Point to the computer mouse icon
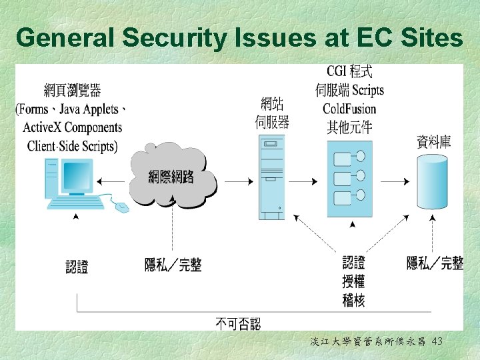pyautogui.click(x=121, y=207)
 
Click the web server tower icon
pyautogui.click(x=271, y=177)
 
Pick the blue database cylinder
pyautogui.click(x=433, y=181)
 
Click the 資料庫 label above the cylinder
pyautogui.click(x=433, y=141)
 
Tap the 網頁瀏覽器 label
pyautogui.click(x=73, y=90)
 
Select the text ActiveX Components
pyautogui.click(x=73, y=127)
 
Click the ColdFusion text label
pyautogui.click(x=349, y=109)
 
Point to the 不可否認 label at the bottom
pyautogui.click(x=238, y=324)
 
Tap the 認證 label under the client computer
pyautogui.click(x=77, y=267)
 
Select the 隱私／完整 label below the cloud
pyautogui.click(x=173, y=265)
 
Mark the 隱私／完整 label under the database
pyautogui.click(x=435, y=263)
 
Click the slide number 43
pyautogui.click(x=437, y=341)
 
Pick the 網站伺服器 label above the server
pyautogui.click(x=273, y=113)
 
